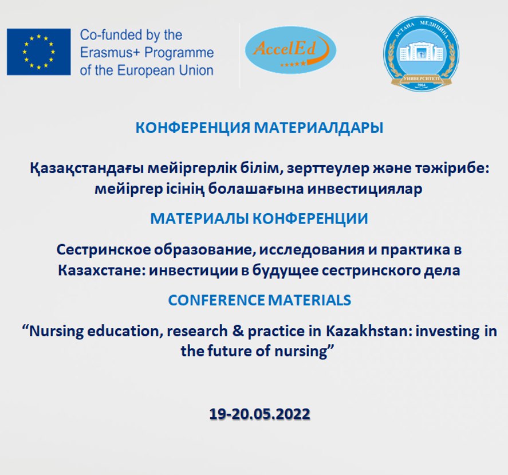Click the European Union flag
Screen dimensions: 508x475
[x=38, y=52]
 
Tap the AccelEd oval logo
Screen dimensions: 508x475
[x=290, y=50]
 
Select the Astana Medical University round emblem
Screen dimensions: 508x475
[x=421, y=54]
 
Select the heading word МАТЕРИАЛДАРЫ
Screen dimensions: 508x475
[x=318, y=128]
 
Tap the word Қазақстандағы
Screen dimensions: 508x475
[x=86, y=169]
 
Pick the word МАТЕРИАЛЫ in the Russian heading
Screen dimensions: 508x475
[x=199, y=219]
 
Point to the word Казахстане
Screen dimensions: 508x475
[x=101, y=270]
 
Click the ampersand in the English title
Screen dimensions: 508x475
[x=238, y=331]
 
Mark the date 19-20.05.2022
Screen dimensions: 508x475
[x=259, y=414]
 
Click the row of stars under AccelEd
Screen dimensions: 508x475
[x=293, y=64]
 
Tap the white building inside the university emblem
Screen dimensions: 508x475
[x=421, y=52]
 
